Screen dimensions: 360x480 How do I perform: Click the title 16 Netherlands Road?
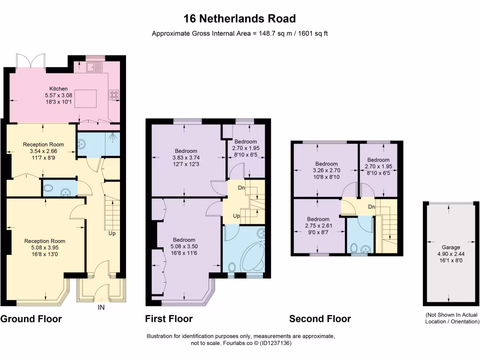(x=240, y=19)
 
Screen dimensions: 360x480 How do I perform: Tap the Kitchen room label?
(x=59, y=89)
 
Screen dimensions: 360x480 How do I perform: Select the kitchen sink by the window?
(x=94, y=67)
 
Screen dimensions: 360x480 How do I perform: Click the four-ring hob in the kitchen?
(x=114, y=95)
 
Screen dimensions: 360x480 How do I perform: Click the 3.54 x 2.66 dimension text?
(x=44, y=151)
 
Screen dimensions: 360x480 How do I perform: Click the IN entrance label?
(x=101, y=308)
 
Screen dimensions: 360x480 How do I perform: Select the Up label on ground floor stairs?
(x=112, y=233)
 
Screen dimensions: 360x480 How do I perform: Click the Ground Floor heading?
(x=31, y=319)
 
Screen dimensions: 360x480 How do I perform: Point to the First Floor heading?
(x=169, y=319)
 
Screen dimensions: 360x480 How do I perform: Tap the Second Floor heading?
(x=320, y=319)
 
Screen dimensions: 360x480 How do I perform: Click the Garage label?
(x=451, y=247)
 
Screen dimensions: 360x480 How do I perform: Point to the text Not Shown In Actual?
(x=452, y=315)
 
